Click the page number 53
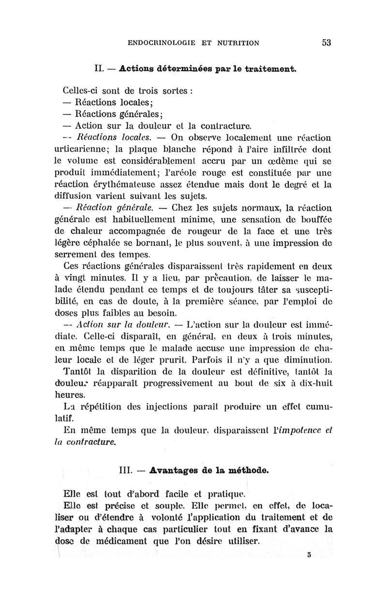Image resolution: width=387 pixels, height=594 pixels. click(326, 43)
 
